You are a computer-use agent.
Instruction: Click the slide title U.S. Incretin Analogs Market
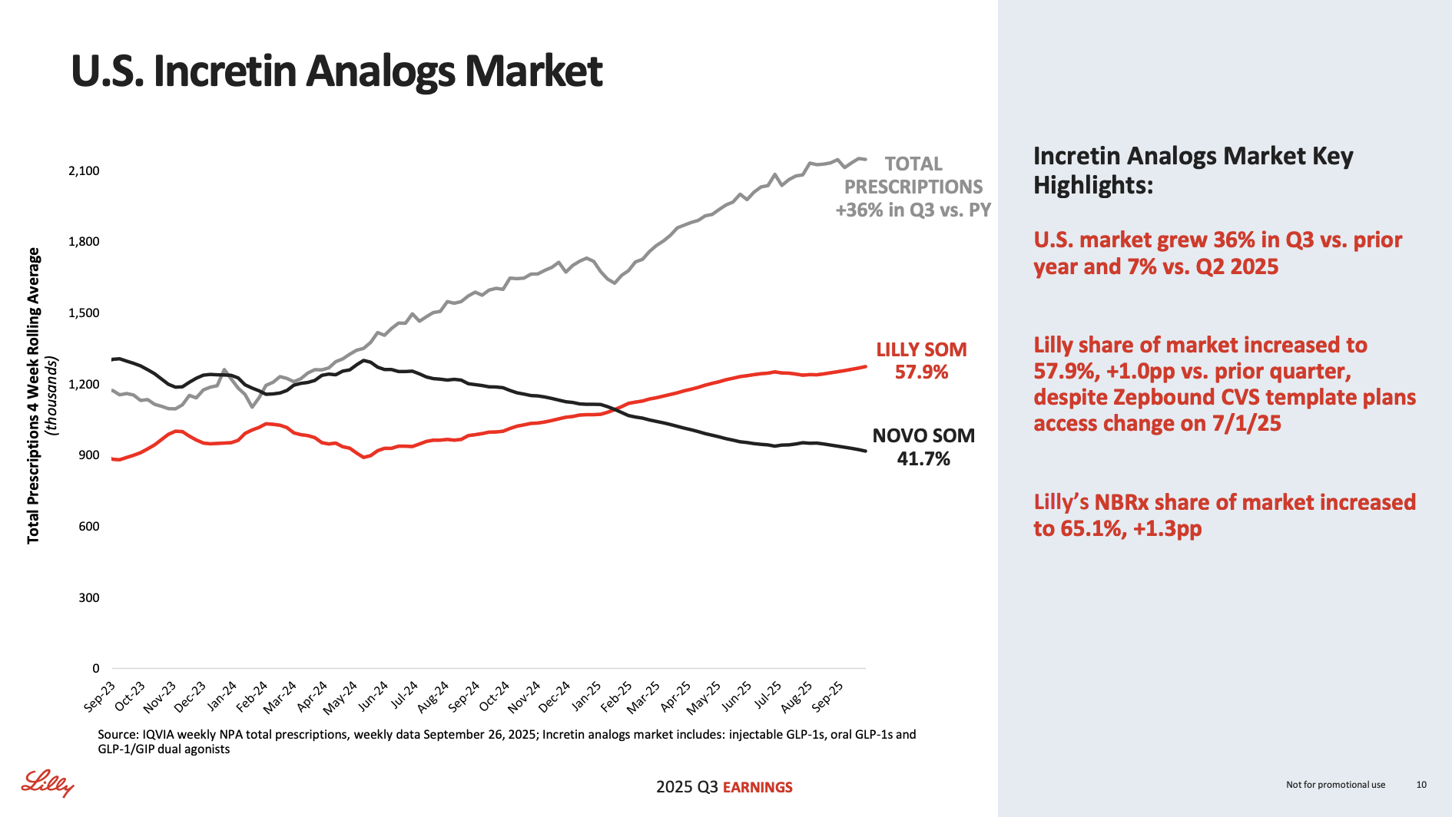click(x=336, y=71)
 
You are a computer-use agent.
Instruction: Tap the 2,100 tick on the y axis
click(x=85, y=170)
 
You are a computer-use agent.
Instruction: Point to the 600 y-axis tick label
click(x=88, y=527)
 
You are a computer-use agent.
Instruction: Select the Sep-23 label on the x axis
click(x=100, y=696)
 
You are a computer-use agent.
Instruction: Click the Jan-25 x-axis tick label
click(x=586, y=696)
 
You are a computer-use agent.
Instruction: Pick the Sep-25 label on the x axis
click(x=828, y=696)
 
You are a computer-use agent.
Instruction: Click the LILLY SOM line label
click(x=921, y=350)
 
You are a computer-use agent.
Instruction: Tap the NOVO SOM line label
click(x=923, y=436)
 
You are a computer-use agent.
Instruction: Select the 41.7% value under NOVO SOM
click(x=923, y=459)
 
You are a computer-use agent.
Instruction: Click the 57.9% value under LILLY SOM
click(x=921, y=373)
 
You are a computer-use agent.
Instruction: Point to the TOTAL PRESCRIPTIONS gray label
click(x=913, y=176)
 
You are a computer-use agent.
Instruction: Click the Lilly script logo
click(x=48, y=783)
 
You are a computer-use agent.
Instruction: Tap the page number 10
click(x=1421, y=785)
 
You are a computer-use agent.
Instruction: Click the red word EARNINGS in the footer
click(x=757, y=788)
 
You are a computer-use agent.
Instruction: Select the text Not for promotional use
click(x=1335, y=785)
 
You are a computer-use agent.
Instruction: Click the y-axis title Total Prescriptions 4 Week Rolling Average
click(x=34, y=395)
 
